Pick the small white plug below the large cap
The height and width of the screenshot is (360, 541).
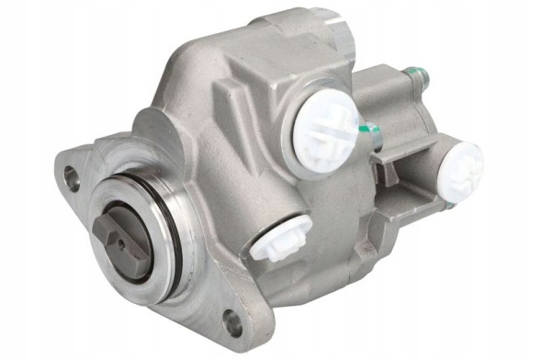point(275,241)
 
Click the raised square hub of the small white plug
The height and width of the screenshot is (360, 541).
point(273,241)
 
